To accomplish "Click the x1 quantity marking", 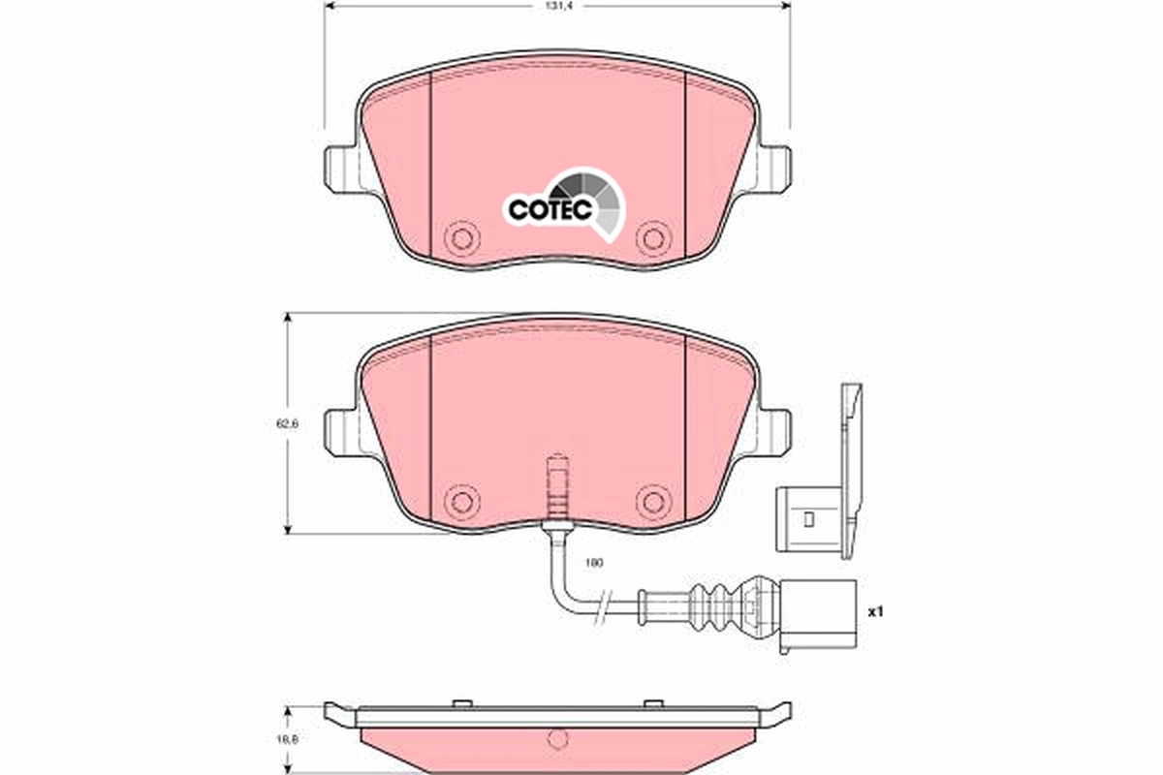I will point(875,612).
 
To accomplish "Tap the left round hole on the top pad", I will point(461,238).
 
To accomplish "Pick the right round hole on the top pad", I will point(652,238).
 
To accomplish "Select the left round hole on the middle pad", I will point(461,501).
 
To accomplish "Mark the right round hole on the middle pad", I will point(652,501).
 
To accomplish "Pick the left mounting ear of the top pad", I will point(341,167).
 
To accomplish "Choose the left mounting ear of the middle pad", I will point(341,430).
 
